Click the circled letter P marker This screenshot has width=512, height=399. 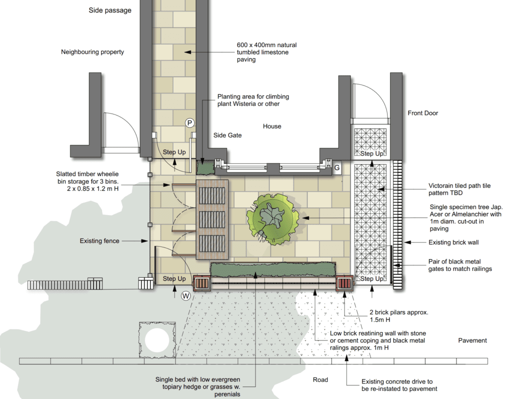pos(189,123)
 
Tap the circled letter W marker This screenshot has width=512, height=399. pos(186,296)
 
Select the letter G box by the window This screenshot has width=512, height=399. pos(337,168)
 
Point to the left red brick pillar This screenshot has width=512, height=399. pos(201,283)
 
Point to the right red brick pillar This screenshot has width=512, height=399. pos(344,283)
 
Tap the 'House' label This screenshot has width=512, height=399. pos(272,126)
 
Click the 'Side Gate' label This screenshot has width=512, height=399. pos(227,135)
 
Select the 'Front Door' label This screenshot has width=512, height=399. pos(423,113)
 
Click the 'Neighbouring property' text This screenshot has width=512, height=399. pos(92,52)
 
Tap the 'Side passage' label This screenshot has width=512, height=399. pos(110,10)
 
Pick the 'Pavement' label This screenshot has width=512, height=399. pos(472,340)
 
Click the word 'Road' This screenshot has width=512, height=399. pos(320,379)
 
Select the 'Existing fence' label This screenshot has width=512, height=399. pos(99,241)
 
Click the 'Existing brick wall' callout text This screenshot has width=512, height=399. pos(453,242)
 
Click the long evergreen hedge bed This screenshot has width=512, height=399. pos(273,269)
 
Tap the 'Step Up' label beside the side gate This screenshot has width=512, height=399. pos(174,152)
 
